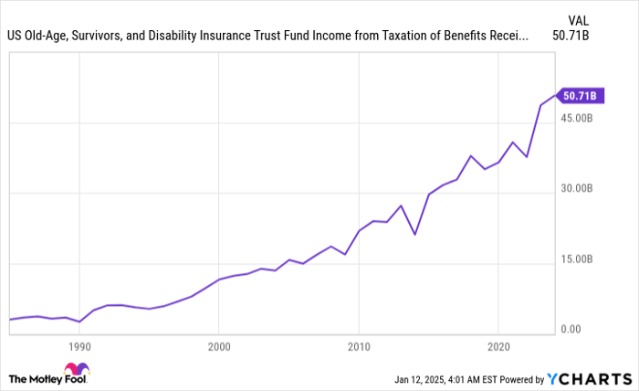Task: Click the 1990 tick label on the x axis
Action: point(79,347)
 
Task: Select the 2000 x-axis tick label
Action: point(218,347)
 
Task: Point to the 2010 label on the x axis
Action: point(359,347)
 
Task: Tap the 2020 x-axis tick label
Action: point(498,347)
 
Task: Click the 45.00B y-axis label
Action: point(580,118)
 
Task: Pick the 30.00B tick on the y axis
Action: point(580,188)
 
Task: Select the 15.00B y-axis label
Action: point(580,259)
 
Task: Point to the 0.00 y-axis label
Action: point(572,329)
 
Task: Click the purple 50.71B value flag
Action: point(580,95)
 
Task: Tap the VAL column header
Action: point(579,19)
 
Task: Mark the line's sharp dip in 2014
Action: point(414,235)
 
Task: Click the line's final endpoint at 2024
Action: point(555,95)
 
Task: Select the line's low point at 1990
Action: point(79,322)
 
